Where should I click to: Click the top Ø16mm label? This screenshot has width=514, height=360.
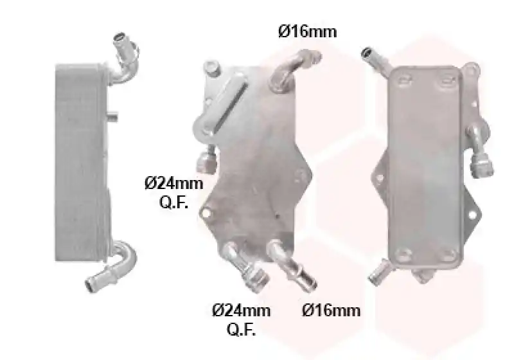click(308, 32)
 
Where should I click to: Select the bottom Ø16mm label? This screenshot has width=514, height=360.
click(331, 310)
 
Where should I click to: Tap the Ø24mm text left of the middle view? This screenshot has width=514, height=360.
click(173, 183)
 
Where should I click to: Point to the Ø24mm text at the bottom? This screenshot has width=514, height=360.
click(242, 310)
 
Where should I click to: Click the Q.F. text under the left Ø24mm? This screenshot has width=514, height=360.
click(173, 203)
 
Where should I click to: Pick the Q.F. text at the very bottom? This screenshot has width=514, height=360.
click(242, 329)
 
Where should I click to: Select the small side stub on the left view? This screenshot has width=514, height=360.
click(112, 116)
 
